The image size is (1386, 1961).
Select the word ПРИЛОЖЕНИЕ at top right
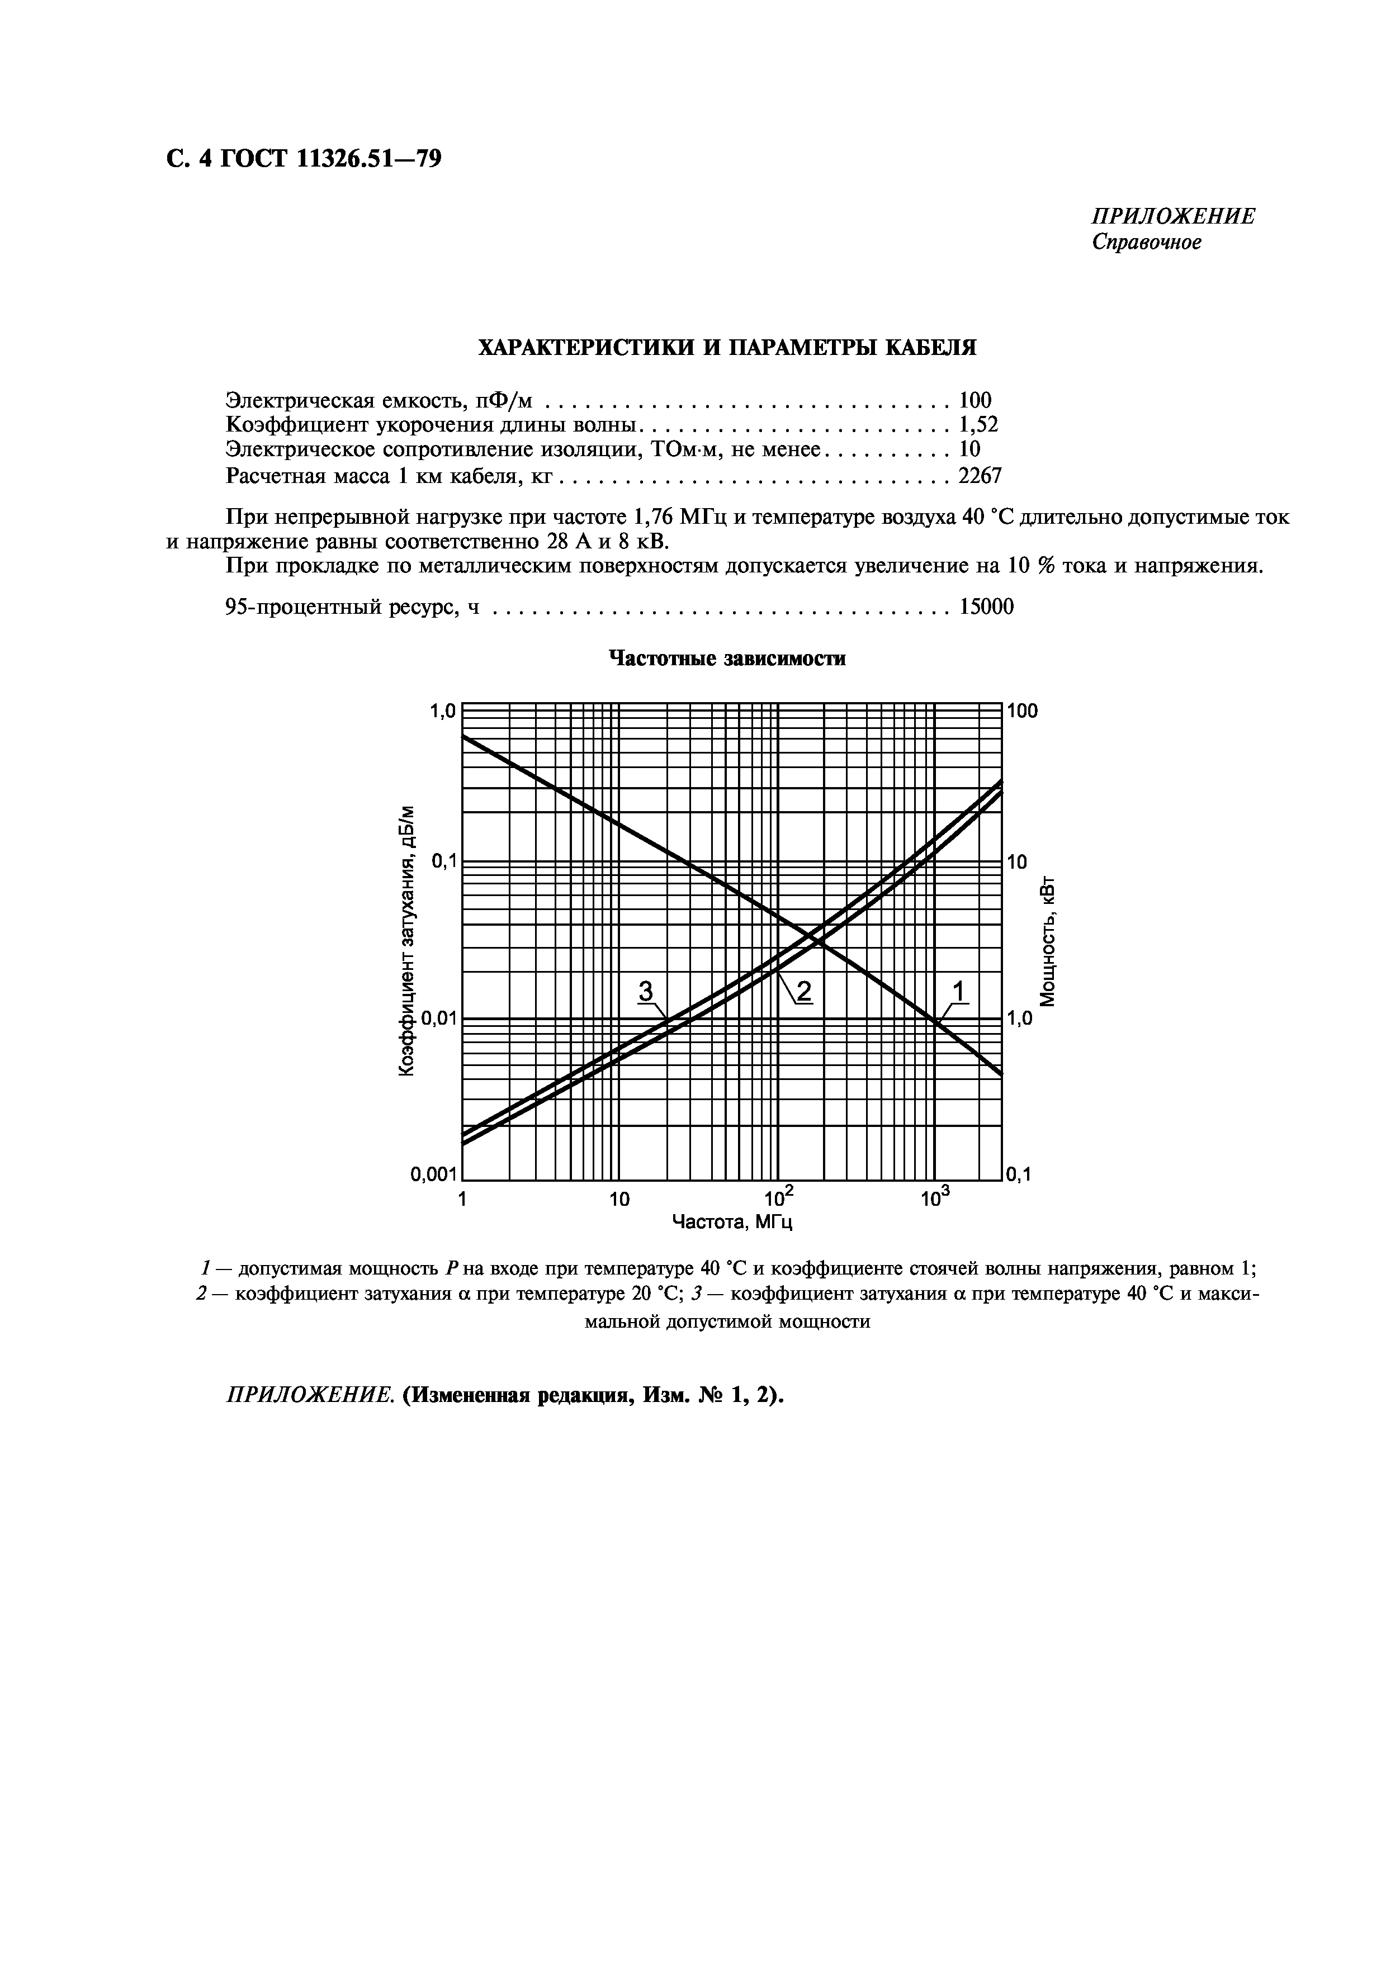coord(1174,216)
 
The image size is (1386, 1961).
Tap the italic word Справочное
coord(1147,243)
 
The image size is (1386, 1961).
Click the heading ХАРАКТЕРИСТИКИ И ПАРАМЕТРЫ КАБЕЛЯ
coord(726,348)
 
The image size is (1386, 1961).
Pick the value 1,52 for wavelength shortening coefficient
coord(978,424)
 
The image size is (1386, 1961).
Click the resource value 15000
coord(986,607)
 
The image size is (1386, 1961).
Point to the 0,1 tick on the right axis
coord(1018,1175)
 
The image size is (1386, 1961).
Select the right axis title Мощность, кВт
coord(1049,940)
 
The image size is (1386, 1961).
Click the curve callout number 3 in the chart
coord(646,991)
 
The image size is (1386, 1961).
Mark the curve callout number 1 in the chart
coord(958,991)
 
